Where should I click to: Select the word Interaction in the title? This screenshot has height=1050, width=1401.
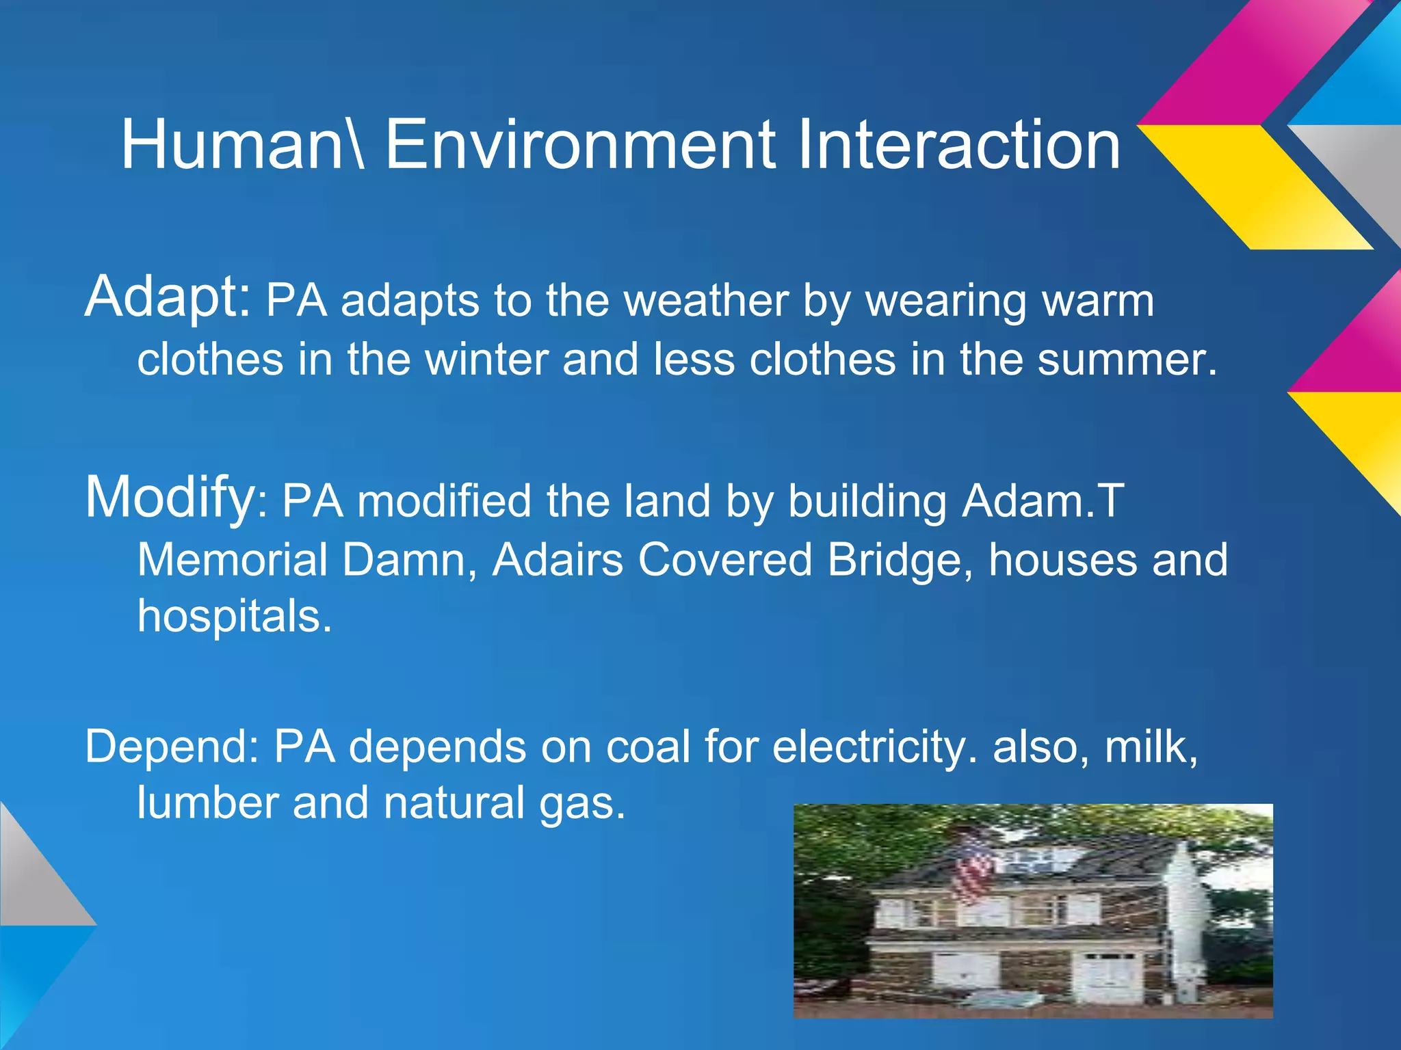(x=958, y=145)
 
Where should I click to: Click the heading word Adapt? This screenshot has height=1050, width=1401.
(x=167, y=298)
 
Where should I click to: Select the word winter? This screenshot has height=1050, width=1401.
(x=486, y=360)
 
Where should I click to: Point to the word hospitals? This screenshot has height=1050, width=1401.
(x=234, y=617)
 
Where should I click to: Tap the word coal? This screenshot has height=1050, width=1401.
(x=648, y=746)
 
